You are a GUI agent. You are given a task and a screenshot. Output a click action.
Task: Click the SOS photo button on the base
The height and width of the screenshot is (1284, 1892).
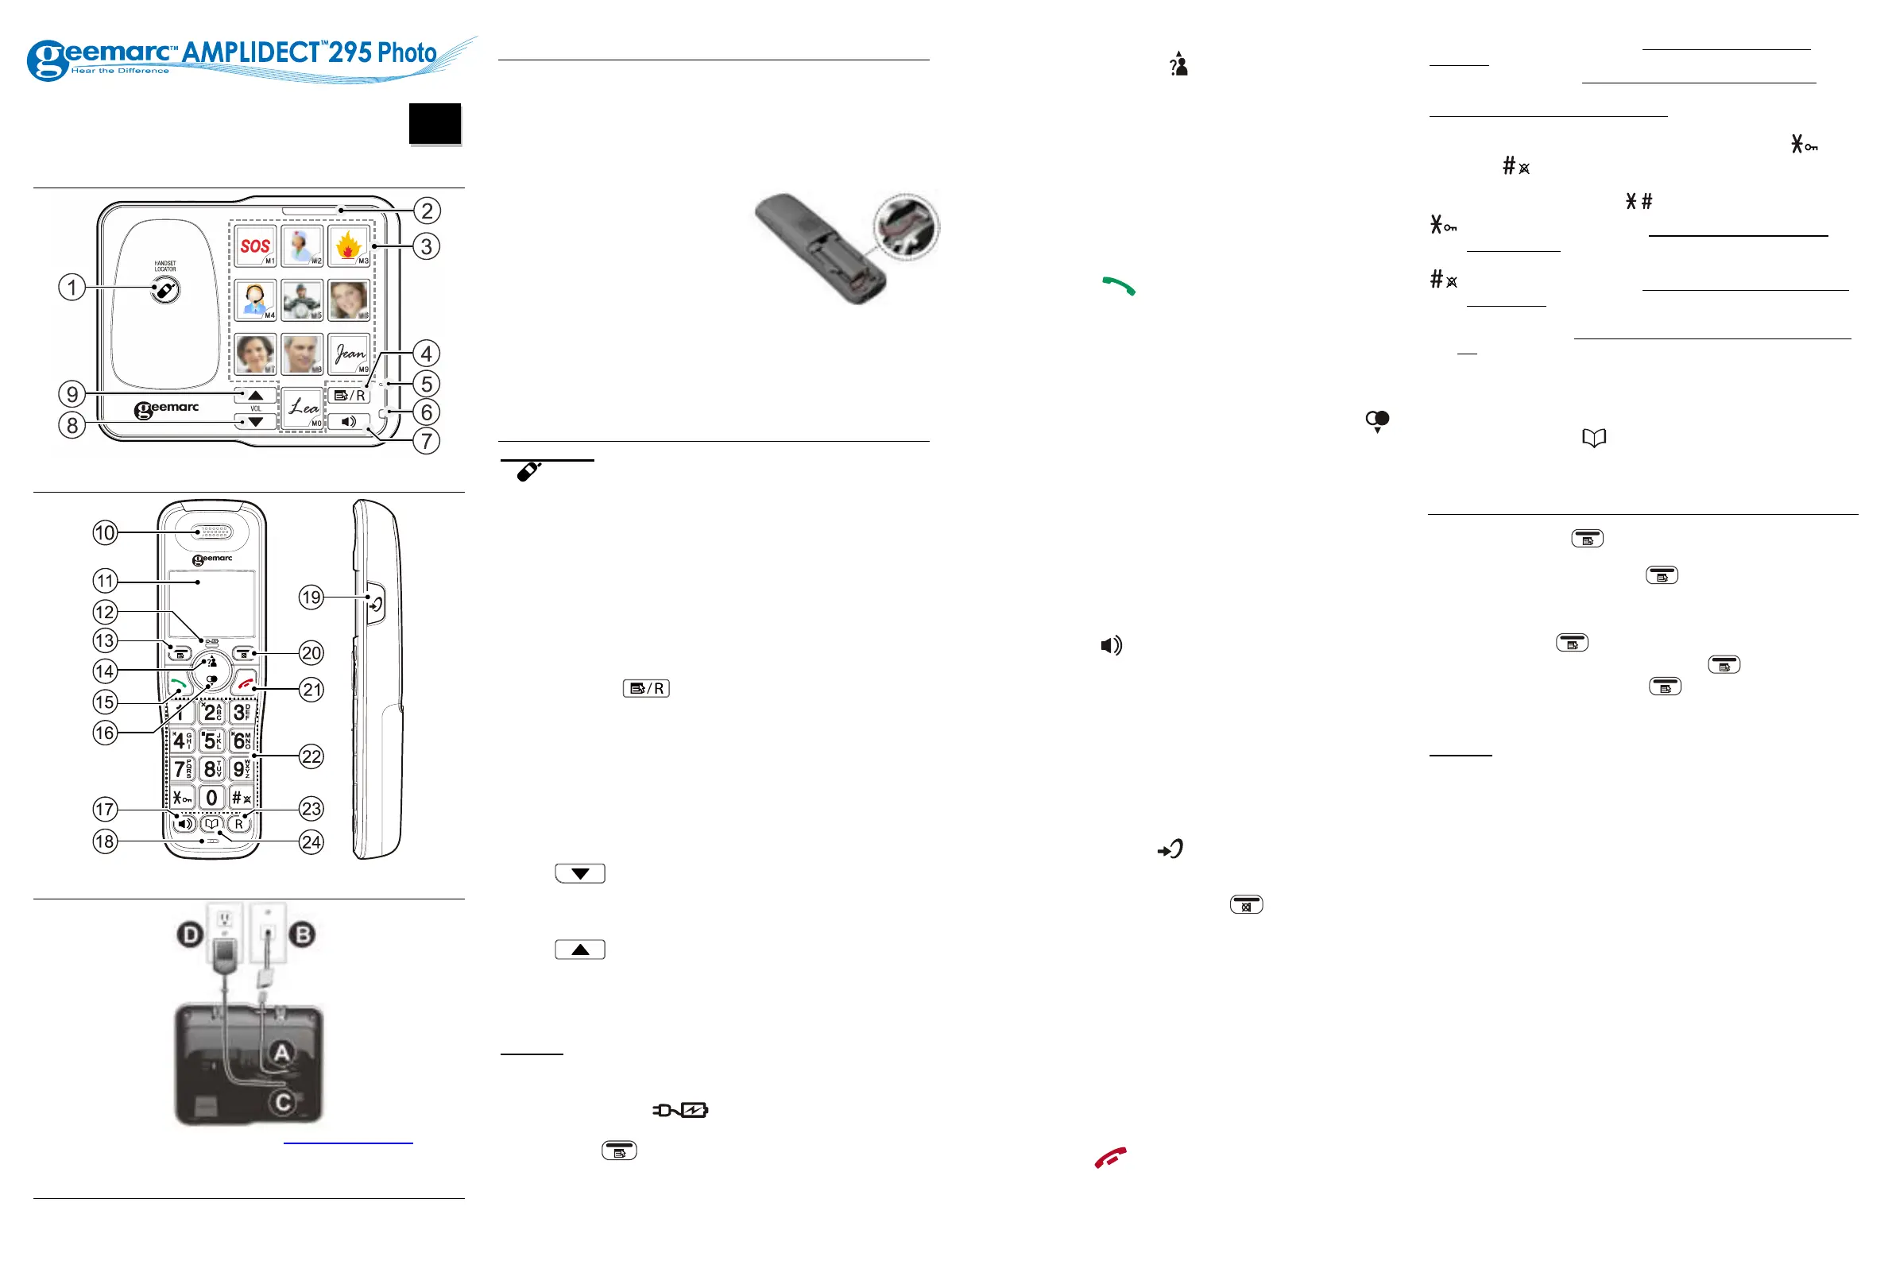[x=256, y=246]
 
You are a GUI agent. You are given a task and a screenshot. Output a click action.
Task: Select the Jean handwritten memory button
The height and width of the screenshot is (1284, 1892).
[x=350, y=354]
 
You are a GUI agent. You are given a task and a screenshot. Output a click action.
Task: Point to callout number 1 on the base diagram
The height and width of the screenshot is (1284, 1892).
[x=72, y=288]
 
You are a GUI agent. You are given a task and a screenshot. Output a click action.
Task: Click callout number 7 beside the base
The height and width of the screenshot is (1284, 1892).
[x=426, y=441]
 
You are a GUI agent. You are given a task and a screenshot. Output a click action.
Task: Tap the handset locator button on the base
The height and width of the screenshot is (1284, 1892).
[x=165, y=291]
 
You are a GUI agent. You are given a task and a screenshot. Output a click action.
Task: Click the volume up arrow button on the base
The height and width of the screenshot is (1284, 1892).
[x=256, y=395]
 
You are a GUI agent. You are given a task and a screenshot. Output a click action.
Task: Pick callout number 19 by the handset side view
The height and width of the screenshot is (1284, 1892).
[x=311, y=598]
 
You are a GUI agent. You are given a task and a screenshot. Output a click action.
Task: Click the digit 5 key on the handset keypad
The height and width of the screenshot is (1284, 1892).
[x=211, y=741]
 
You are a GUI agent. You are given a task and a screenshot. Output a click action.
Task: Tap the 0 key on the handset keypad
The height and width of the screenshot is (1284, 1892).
[x=211, y=797]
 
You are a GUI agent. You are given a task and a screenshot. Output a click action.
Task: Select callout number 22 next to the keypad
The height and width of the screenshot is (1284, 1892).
[x=311, y=756]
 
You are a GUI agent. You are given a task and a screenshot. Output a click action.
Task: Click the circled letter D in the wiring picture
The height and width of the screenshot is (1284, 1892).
[x=191, y=934]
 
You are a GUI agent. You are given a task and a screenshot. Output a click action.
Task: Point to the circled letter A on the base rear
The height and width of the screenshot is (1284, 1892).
[x=281, y=1053]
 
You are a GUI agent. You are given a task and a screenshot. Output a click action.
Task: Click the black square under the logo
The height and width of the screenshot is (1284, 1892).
[x=435, y=124]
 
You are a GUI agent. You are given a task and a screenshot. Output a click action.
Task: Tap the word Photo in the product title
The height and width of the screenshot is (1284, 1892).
[x=407, y=53]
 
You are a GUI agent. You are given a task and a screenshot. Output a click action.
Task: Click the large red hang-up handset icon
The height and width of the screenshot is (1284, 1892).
[x=1110, y=1157]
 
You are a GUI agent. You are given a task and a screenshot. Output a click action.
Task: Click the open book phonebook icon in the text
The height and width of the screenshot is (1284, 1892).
[x=1594, y=438]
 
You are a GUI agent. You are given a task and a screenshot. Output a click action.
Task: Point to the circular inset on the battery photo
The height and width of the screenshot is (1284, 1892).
[x=906, y=227]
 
